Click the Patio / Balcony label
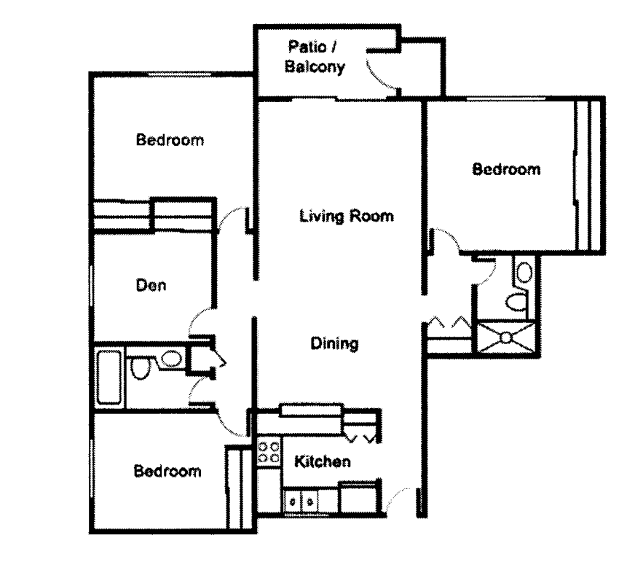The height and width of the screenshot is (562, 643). coord(315,58)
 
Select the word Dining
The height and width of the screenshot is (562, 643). coord(334,343)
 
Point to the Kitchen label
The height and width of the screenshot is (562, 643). coord(323,461)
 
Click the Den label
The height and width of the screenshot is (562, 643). coord(151,286)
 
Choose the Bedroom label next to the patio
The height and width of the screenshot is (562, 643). coord(170,139)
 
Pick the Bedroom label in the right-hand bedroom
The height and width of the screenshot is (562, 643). coord(506,170)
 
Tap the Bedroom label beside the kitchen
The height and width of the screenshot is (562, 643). coord(167,472)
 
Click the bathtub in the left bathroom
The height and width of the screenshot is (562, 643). coord(109,377)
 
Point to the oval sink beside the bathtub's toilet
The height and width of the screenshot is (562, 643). coord(172,359)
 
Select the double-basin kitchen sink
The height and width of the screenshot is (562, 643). coord(301,501)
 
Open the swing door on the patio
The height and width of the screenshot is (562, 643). coord(380,70)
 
